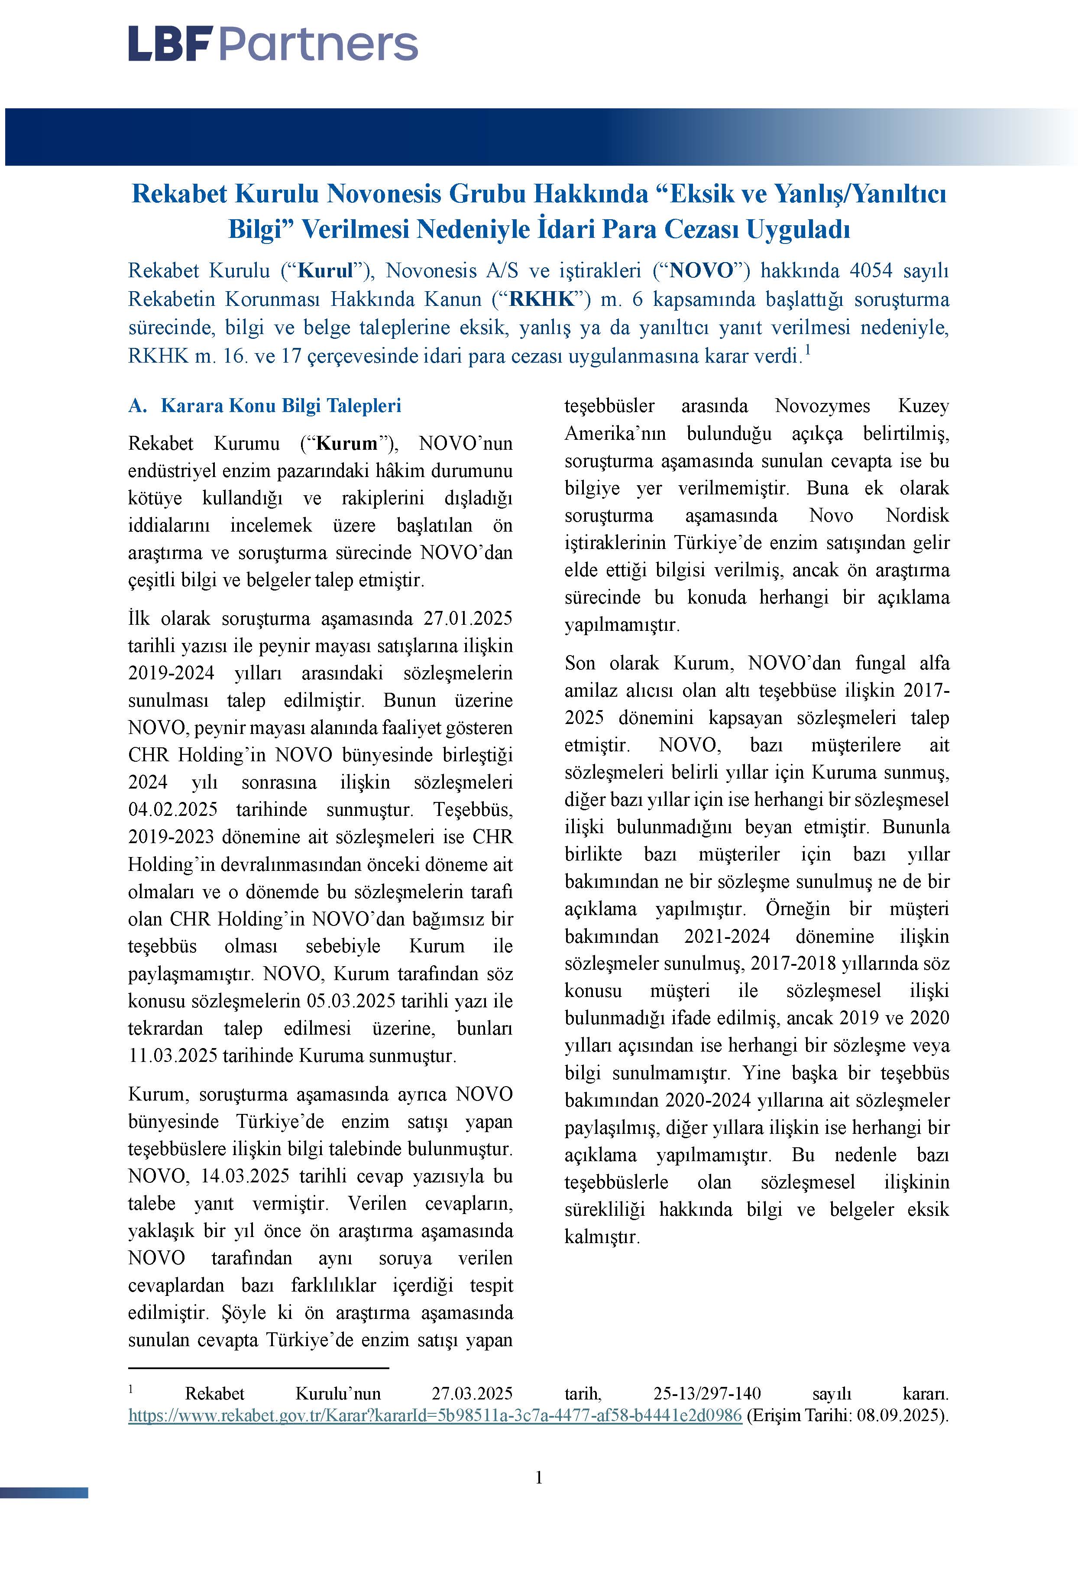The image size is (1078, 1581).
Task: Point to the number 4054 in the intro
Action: [871, 271]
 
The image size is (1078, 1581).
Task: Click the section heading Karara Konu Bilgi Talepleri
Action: [280, 406]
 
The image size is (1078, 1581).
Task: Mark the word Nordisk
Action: [917, 515]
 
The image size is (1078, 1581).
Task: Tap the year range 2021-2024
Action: [726, 936]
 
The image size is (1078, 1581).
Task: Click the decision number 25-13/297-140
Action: [707, 1394]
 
